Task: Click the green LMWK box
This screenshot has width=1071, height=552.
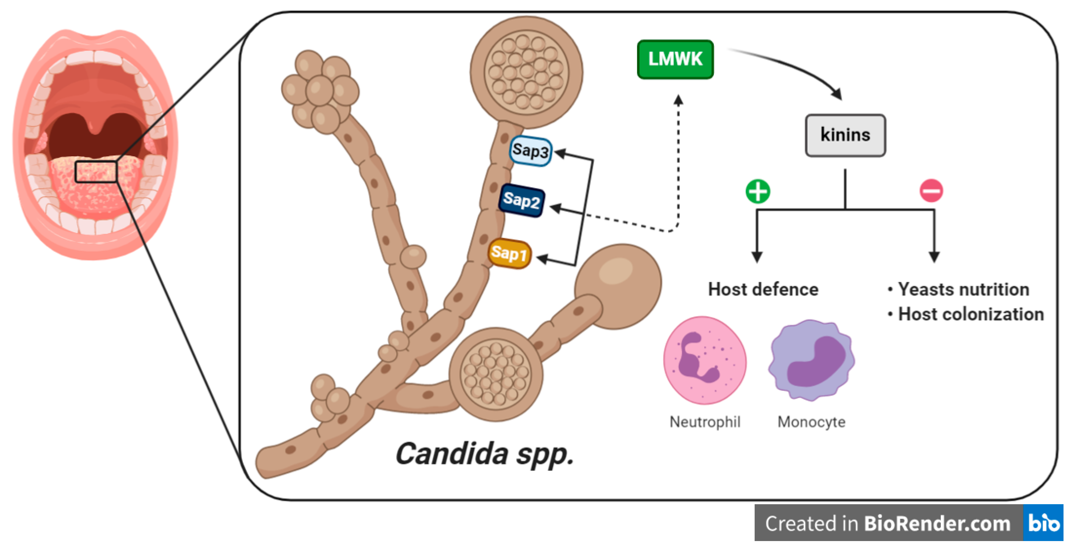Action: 675,59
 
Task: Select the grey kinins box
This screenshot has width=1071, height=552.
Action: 845,135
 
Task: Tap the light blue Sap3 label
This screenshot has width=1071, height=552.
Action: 530,151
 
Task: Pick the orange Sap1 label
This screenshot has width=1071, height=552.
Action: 509,253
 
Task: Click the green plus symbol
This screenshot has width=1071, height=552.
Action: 758,191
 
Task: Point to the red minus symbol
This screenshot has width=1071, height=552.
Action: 931,191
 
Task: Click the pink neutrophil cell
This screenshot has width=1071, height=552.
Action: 705,360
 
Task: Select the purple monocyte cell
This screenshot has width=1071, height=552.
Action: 811,360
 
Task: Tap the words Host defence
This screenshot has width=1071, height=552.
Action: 763,289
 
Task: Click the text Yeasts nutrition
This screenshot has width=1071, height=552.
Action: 963,289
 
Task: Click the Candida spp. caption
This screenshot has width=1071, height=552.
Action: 484,454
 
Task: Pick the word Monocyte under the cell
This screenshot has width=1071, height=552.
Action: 811,422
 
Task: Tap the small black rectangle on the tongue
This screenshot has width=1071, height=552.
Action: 96,171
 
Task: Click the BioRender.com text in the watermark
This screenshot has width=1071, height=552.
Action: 938,523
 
